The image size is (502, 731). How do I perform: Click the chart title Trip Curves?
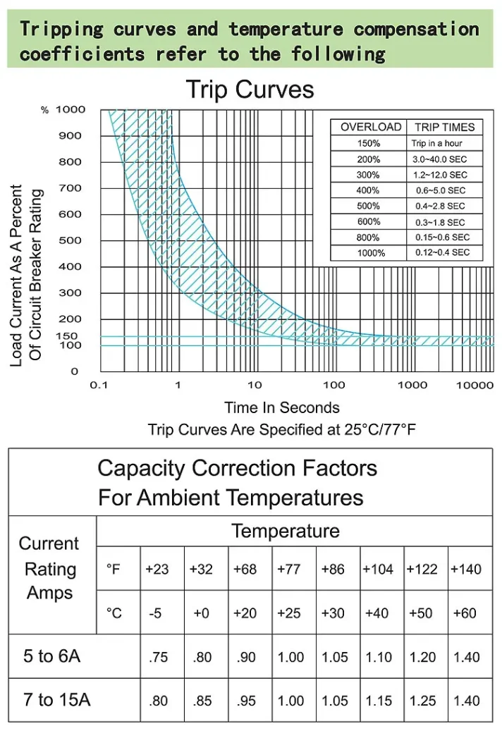click(250, 90)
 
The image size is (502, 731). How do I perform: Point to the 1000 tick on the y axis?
click(71, 109)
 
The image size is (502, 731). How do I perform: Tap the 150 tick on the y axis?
click(67, 336)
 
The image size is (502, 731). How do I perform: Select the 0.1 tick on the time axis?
click(98, 385)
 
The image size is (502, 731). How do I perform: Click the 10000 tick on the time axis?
click(475, 385)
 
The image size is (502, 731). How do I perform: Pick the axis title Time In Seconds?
click(281, 407)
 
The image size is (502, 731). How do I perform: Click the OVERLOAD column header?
click(370, 128)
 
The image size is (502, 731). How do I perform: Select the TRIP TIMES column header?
click(444, 128)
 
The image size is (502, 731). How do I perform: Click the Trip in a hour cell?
click(437, 143)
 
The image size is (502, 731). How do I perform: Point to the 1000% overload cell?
click(368, 253)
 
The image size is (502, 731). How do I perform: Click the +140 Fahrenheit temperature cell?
click(465, 569)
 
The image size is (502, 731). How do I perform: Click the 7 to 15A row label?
click(57, 700)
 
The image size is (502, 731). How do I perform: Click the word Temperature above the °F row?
click(286, 531)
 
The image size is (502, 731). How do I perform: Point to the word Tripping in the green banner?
click(61, 30)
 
